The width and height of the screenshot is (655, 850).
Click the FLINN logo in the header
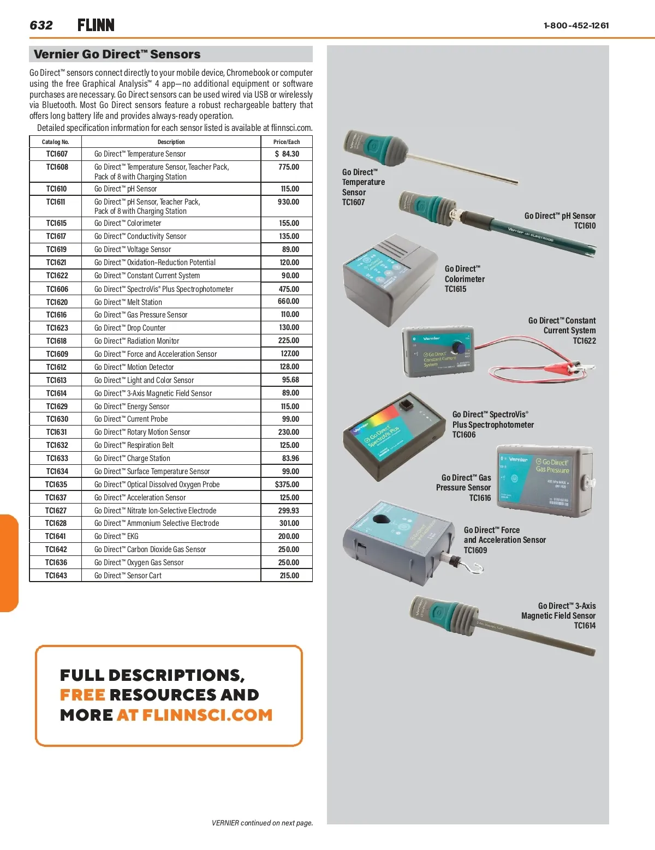(96, 25)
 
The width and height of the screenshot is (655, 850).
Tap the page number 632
(41, 25)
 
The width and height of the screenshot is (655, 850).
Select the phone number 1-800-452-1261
(576, 25)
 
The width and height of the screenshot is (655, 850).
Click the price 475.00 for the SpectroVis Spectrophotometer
(289, 289)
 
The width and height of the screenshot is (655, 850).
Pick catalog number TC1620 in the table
(57, 302)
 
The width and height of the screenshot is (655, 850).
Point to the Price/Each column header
(287, 142)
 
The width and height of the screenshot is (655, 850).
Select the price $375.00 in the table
(287, 484)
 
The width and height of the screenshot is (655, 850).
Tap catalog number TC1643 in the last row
(56, 576)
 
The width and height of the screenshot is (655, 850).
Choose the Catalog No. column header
(56, 142)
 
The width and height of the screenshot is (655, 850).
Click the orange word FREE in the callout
(82, 695)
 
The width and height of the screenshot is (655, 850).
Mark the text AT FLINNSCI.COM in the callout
(194, 715)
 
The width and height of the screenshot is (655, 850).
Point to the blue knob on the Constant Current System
(460, 348)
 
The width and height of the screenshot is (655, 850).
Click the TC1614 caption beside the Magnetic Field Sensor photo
(585, 626)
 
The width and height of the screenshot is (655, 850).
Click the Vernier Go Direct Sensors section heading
(117, 54)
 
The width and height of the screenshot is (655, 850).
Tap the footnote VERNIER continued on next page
(262, 823)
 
